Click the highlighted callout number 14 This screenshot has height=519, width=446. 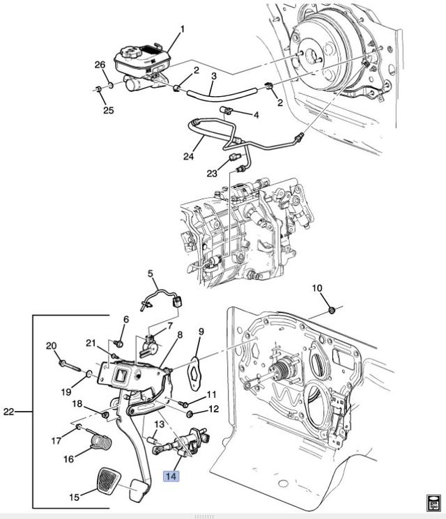tap(171, 477)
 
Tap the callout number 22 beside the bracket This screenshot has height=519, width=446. tap(9, 412)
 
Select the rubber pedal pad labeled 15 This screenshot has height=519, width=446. tap(109, 479)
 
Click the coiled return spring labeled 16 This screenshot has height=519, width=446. tap(101, 442)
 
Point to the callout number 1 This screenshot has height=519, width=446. tap(182, 29)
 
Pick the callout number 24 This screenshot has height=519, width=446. tap(188, 156)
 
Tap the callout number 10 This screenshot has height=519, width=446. tap(317, 288)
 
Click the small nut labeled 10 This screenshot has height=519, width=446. tap(331, 310)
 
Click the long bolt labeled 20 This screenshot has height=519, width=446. tap(70, 366)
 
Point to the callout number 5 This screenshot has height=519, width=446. tap(151, 274)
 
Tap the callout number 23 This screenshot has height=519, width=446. tap(212, 173)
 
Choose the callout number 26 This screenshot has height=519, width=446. tap(100, 65)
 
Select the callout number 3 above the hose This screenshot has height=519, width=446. tap(214, 76)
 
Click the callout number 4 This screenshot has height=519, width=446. tap(256, 115)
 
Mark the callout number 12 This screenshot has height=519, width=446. tap(213, 409)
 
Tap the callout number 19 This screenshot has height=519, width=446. tap(67, 392)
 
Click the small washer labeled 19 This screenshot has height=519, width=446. tap(89, 374)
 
